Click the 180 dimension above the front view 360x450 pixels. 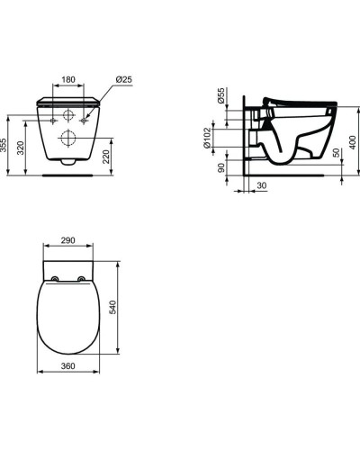68,79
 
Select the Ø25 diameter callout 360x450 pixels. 124,79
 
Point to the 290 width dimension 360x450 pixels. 67,241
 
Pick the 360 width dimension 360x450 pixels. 67,367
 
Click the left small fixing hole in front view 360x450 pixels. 55,119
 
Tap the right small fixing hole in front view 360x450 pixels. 85,119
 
